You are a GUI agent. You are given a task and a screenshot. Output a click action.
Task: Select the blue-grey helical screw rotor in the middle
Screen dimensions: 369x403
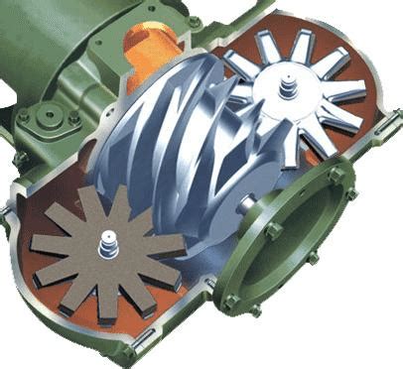(179, 149)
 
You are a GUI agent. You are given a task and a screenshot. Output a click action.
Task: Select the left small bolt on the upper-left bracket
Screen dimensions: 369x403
(22, 117)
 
